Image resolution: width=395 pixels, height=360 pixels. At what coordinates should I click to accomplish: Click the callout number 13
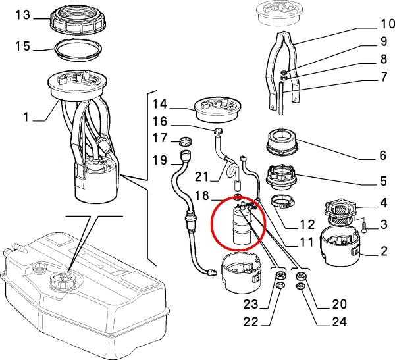click(23, 15)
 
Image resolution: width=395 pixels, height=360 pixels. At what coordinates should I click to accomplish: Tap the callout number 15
click(23, 47)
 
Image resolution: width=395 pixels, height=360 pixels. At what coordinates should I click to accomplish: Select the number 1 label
click(27, 118)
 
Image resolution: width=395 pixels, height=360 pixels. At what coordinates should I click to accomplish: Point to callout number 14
click(160, 103)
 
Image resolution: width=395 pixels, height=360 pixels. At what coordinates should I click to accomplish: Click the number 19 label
click(160, 160)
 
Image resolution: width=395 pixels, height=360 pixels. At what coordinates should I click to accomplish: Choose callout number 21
click(201, 176)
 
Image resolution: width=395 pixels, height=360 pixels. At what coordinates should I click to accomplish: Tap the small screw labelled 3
click(363, 228)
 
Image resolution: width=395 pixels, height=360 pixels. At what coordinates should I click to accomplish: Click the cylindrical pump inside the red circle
click(241, 225)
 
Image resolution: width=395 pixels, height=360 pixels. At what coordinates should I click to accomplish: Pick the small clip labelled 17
click(185, 140)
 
